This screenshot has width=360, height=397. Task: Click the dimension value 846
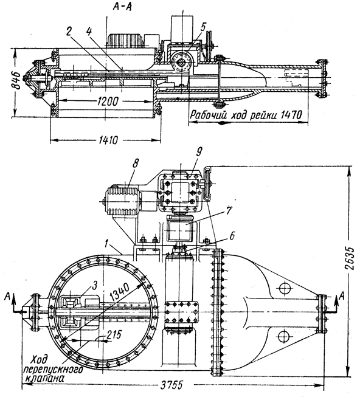pos(17,80)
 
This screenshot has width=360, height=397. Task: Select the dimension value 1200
pos(108,102)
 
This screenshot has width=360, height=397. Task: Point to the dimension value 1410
pos(108,140)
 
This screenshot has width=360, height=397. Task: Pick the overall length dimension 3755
pos(171,385)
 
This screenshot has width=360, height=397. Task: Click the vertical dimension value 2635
pos(351,258)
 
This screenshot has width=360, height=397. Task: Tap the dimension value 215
pos(114,335)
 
